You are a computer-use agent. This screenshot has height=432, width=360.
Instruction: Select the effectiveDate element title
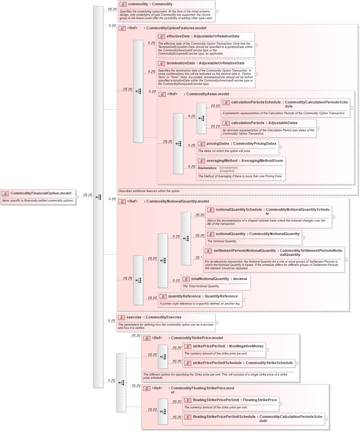203,36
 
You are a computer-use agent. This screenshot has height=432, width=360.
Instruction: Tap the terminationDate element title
205,63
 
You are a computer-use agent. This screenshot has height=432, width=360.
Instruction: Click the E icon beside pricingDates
201,144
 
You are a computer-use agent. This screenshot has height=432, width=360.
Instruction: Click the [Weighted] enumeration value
227,171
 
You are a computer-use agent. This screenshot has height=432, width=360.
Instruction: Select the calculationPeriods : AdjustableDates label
264,123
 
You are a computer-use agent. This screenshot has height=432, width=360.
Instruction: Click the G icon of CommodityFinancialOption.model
5,194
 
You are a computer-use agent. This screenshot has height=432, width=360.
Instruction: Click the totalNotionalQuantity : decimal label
219,279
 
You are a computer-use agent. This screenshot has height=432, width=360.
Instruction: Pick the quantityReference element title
203,296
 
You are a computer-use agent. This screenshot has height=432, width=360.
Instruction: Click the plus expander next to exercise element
217,323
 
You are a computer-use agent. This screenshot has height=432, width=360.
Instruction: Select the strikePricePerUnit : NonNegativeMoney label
228,346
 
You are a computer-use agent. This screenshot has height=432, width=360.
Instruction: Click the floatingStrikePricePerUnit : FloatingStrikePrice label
235,400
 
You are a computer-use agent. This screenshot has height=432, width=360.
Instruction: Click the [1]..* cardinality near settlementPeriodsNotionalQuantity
199,258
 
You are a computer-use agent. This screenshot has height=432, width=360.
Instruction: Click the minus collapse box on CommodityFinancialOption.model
77,197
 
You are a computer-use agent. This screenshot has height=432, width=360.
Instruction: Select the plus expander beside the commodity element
217,11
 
